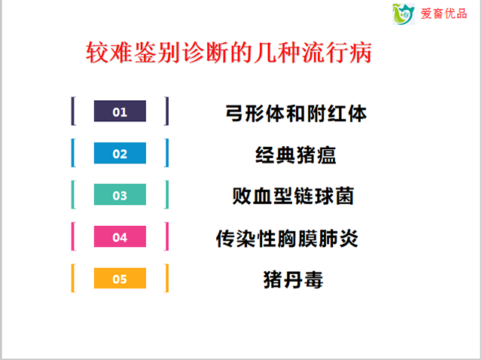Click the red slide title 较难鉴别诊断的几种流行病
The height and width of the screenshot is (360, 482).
tap(229, 53)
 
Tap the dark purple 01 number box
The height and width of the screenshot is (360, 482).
tap(120, 111)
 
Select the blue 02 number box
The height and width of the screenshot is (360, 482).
tap(120, 153)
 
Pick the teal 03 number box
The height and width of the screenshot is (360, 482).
tap(120, 194)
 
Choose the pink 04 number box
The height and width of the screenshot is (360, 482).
tap(120, 236)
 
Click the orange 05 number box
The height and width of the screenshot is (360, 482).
tap(120, 278)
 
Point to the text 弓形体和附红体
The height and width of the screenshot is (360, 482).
tap(296, 114)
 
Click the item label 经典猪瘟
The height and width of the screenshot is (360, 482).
tap(296, 155)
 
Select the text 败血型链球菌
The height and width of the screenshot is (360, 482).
tap(293, 196)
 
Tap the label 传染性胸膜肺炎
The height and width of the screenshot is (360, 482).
tap(287, 238)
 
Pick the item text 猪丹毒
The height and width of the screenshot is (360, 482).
tap(293, 279)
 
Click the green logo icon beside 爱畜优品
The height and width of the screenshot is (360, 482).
tap(404, 14)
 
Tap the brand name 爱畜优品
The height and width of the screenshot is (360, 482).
tap(444, 14)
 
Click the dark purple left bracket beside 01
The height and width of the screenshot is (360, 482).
tap(73, 111)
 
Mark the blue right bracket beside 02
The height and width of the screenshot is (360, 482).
tap(167, 153)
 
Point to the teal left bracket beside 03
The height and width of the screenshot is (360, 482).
tap(73, 194)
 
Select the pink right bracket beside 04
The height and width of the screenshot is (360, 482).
tap(167, 236)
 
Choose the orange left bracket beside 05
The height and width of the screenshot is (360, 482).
tap(73, 278)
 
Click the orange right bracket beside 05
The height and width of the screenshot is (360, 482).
tap(167, 278)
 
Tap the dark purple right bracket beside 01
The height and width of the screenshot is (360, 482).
tap(167, 111)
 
